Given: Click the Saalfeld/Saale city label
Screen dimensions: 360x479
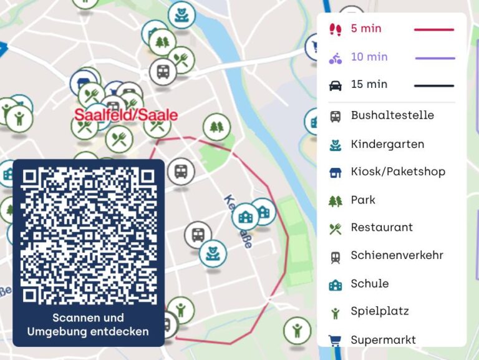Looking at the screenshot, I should tap(126, 115).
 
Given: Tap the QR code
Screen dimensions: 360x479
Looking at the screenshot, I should tap(89, 235).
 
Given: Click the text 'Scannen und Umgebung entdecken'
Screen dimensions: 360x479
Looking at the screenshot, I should tap(88, 324).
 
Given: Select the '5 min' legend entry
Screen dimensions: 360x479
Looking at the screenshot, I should tap(366, 29).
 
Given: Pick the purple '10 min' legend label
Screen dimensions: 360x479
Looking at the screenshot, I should tap(369, 57).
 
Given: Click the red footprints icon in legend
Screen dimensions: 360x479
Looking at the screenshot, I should tap(336, 29).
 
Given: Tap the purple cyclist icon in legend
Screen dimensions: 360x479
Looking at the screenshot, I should tap(336, 58).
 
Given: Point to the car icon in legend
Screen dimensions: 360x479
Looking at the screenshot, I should tap(336, 85).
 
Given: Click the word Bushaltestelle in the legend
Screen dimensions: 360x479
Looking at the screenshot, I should tap(392, 115).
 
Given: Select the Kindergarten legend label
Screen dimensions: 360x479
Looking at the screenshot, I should tap(387, 144).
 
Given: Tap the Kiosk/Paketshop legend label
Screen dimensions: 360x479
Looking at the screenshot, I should tap(398, 172).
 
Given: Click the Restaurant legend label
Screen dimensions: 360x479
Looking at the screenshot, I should tap(382, 227).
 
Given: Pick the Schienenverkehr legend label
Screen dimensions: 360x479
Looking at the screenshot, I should tap(397, 255).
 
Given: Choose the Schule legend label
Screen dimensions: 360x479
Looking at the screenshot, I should tap(370, 283).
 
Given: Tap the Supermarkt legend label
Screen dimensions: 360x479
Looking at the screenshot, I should tap(383, 340).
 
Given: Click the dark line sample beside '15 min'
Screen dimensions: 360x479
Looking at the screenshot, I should tap(434, 85).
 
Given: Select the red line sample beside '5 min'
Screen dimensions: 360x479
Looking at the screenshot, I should tap(434, 29).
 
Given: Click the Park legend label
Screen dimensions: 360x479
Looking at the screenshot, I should tap(363, 200).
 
